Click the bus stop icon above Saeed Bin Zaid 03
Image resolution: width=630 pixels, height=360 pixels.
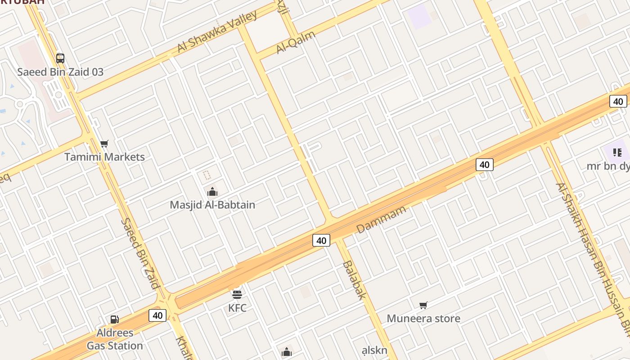pyautogui.click(x=60, y=58)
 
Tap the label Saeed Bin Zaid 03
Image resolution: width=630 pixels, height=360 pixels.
pyautogui.click(x=60, y=72)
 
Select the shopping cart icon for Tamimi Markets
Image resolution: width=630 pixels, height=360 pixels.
pyautogui.click(x=104, y=144)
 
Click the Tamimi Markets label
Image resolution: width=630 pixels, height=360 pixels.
pyautogui.click(x=104, y=157)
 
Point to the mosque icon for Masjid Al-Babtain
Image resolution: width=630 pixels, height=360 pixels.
pyautogui.click(x=212, y=192)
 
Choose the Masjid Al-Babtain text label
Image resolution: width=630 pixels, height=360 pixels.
pyautogui.click(x=212, y=205)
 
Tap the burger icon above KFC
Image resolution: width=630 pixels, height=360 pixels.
pyautogui.click(x=237, y=295)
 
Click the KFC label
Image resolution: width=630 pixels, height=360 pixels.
pyautogui.click(x=237, y=308)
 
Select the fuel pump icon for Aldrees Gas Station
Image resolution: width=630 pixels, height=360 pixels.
pyautogui.click(x=115, y=319)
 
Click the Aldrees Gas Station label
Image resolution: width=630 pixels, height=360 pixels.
pyautogui.click(x=115, y=339)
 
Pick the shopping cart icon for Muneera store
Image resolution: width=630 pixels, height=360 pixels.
pyautogui.click(x=423, y=306)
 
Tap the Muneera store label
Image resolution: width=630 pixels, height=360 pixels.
pyautogui.click(x=423, y=319)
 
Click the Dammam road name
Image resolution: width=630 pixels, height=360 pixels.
pyautogui.click(x=381, y=219)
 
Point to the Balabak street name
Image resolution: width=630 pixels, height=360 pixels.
pyautogui.click(x=354, y=280)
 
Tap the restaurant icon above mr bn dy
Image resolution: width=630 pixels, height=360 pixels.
pyautogui.click(x=617, y=153)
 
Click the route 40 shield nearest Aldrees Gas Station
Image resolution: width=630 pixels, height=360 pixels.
pyautogui.click(x=157, y=315)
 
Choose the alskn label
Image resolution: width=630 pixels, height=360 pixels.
pyautogui.click(x=374, y=351)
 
